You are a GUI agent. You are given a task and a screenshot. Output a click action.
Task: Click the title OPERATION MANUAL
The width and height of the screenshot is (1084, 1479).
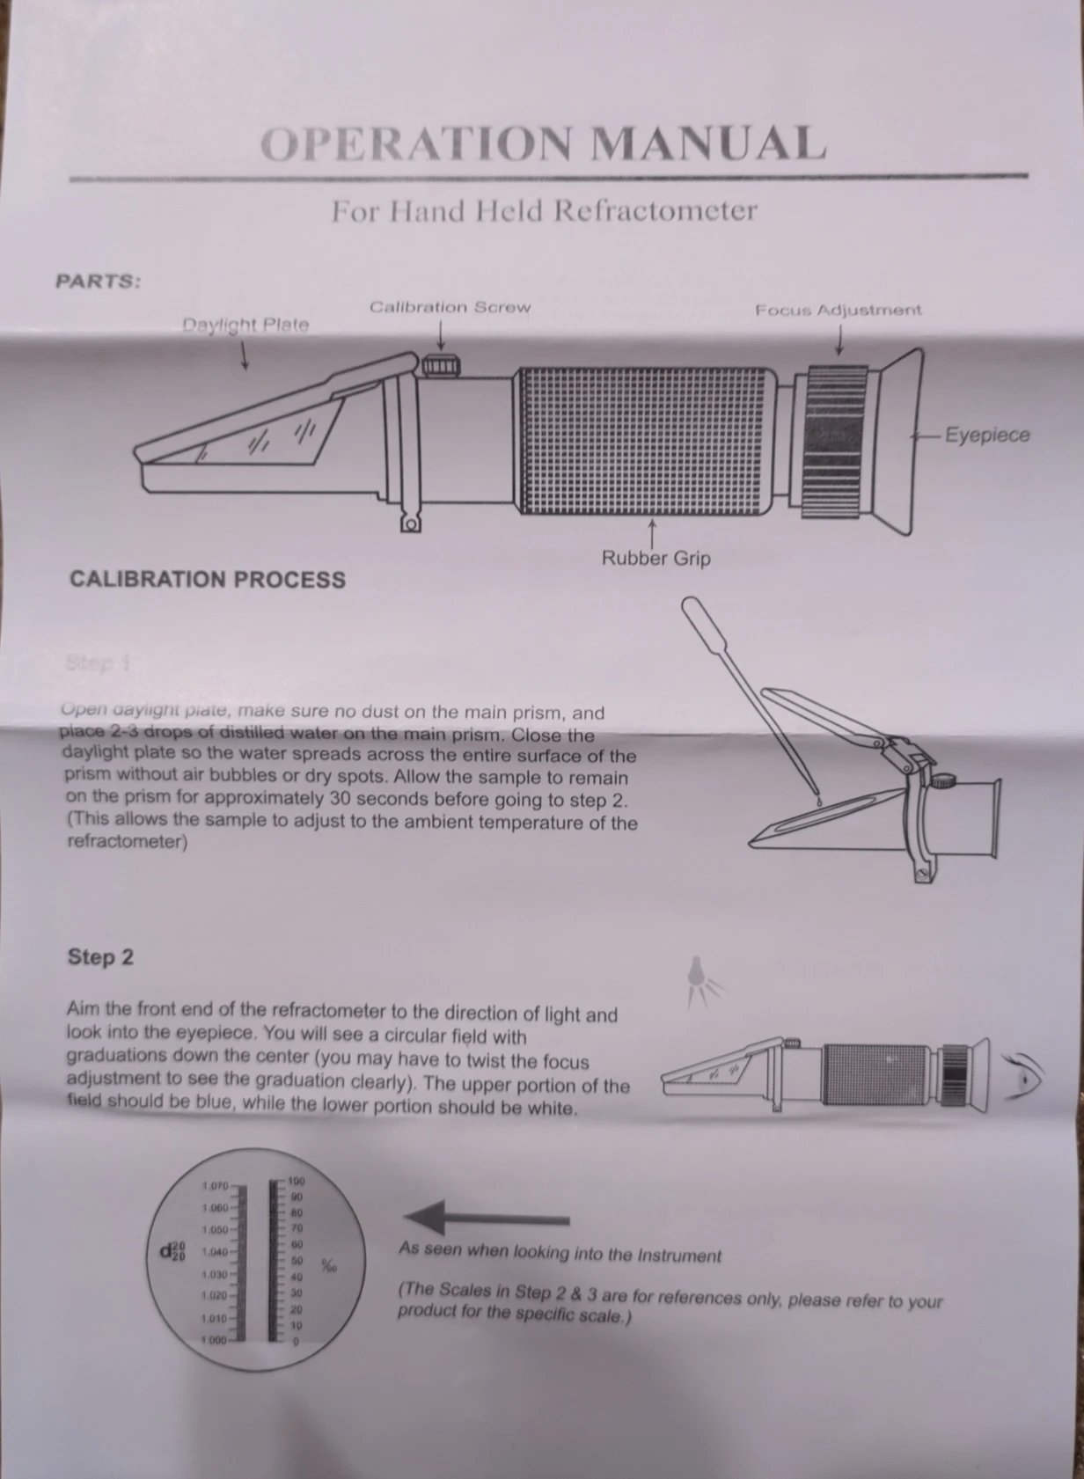[543, 144]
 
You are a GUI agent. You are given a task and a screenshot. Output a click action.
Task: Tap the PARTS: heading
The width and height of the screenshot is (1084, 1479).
[98, 282]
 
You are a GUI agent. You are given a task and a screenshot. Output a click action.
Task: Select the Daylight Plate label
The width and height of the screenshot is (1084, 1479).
[245, 325]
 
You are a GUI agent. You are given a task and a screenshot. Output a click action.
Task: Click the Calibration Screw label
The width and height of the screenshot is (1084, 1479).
[450, 307]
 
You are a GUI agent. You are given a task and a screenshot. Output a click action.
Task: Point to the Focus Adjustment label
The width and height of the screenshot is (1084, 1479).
[838, 310]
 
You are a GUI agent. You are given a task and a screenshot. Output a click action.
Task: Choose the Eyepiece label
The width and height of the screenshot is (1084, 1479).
[986, 435]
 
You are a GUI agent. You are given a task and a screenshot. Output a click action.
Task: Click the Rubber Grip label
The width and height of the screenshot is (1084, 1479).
[656, 558]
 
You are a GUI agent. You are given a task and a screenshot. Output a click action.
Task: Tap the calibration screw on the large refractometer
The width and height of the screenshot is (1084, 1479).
[440, 364]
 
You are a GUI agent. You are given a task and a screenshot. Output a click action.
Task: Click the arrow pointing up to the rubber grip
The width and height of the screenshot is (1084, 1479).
[652, 531]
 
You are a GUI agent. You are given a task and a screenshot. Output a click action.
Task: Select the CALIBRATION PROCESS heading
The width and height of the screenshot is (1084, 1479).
[208, 580]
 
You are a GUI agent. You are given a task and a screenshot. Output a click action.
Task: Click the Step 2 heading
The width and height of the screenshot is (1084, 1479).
[100, 956]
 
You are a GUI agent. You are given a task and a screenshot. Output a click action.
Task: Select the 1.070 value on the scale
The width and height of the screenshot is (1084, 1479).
[215, 1186]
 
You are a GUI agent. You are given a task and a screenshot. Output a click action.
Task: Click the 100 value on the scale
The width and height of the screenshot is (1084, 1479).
[296, 1181]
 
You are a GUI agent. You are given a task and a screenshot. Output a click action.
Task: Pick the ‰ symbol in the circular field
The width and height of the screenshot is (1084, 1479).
[328, 1266]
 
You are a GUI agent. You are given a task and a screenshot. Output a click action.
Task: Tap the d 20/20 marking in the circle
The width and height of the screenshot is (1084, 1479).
[172, 1250]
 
